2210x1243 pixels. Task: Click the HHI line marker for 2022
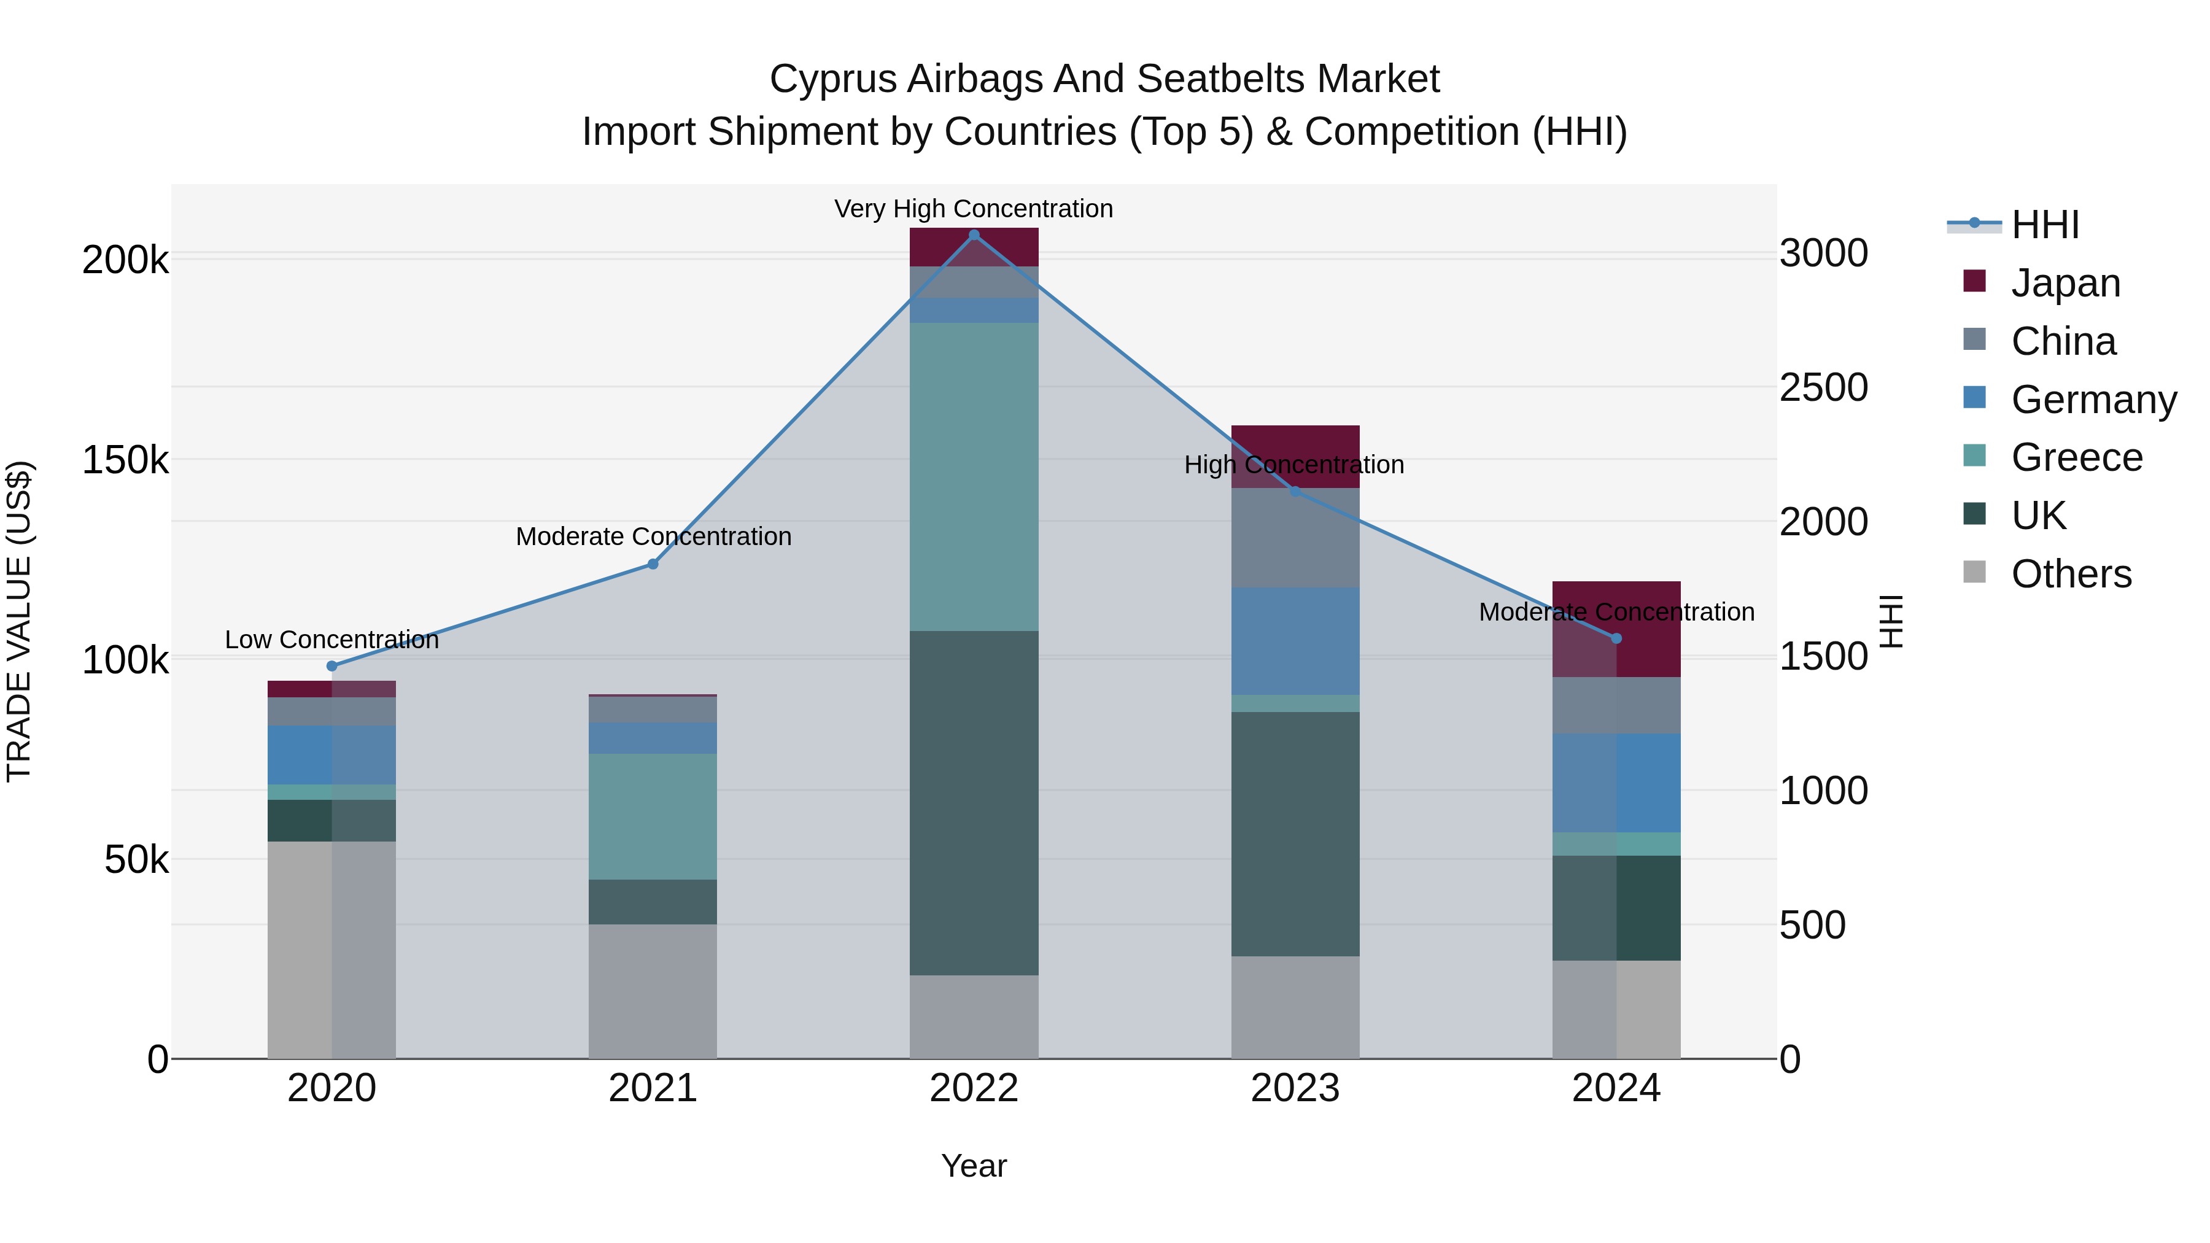pyautogui.click(x=974, y=234)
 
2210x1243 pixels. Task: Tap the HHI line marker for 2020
pyautogui.click(x=332, y=665)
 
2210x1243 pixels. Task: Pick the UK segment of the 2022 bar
pyautogui.click(x=974, y=803)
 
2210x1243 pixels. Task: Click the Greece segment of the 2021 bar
pyautogui.click(x=653, y=816)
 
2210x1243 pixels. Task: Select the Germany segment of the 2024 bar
pyautogui.click(x=1616, y=783)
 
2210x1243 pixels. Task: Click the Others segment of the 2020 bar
pyautogui.click(x=332, y=950)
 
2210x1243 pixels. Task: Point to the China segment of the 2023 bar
pyautogui.click(x=1295, y=538)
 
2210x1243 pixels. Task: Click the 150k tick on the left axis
pyautogui.click(x=125, y=460)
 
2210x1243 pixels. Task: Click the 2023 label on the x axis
pyautogui.click(x=1295, y=1088)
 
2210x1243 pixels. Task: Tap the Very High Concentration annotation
pyautogui.click(x=974, y=209)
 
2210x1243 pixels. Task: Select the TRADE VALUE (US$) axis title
pyautogui.click(x=19, y=621)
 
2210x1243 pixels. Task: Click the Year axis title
pyautogui.click(x=974, y=1166)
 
